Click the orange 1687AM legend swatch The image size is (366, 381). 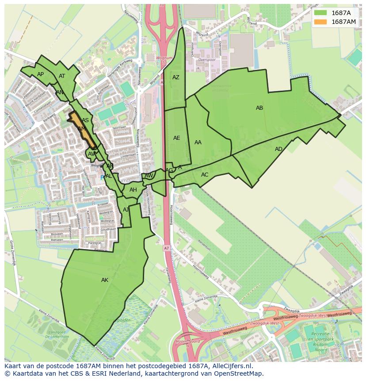(x=320, y=22)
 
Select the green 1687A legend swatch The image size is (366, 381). (x=320, y=13)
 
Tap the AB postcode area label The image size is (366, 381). (x=259, y=108)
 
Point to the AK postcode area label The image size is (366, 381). (x=105, y=280)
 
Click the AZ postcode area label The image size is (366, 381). (x=176, y=77)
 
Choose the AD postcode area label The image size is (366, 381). (x=278, y=149)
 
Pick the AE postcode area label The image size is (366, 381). (x=176, y=138)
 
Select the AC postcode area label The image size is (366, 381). (x=205, y=175)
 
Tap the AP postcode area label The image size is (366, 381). (x=40, y=74)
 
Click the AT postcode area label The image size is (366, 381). (x=62, y=76)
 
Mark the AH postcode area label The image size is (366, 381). (x=133, y=190)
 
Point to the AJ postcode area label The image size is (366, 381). (x=126, y=210)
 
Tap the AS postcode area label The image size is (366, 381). (x=85, y=120)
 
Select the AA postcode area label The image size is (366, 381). (x=198, y=142)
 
